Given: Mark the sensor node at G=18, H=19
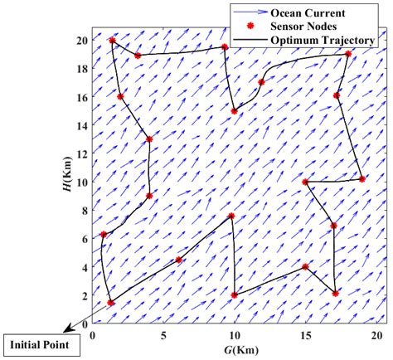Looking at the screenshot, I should pyautogui.click(x=347, y=54).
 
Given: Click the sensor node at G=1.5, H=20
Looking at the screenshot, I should pyautogui.click(x=113, y=40).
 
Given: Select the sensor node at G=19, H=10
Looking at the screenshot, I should pyautogui.click(x=362, y=179).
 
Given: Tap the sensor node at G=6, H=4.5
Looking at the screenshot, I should pyautogui.click(x=178, y=260).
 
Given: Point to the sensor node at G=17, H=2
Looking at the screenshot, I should pyautogui.click(x=335, y=294).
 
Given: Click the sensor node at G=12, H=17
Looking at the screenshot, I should pyautogui.click(x=262, y=82).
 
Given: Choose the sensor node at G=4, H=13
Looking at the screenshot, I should pyautogui.click(x=149, y=139).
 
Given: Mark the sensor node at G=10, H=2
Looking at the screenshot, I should pyautogui.click(x=235, y=295).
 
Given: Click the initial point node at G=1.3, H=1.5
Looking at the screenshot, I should pyautogui.click(x=111, y=303).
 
